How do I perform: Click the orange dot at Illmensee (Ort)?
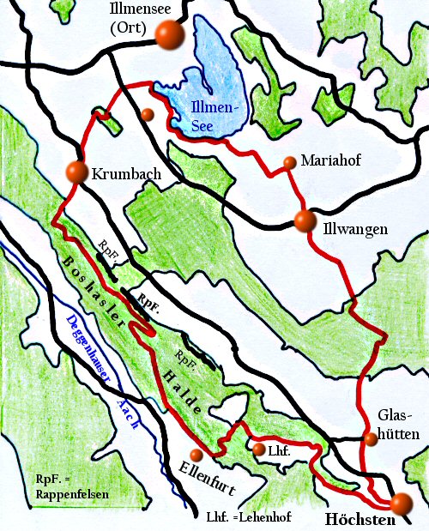(171, 35)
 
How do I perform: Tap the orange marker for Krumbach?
(76, 172)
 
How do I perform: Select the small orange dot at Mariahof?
(288, 162)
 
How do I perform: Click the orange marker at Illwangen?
(304, 221)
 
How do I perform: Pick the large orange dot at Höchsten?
(401, 504)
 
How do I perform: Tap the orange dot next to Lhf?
(258, 448)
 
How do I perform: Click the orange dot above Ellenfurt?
(196, 455)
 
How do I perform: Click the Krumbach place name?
(125, 173)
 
